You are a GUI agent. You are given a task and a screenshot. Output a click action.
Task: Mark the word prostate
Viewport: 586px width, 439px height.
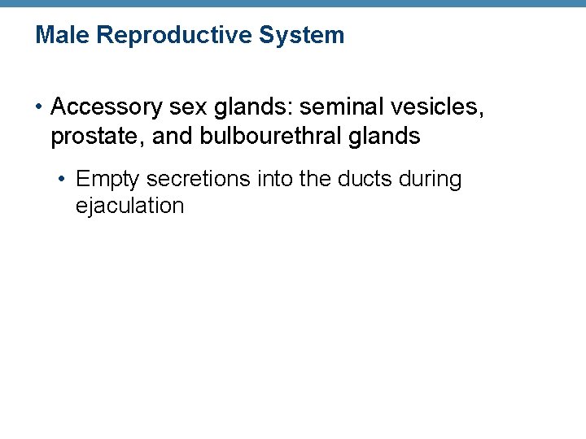[96, 137]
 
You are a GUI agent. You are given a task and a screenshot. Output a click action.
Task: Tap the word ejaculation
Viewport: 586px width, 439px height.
[129, 206]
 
